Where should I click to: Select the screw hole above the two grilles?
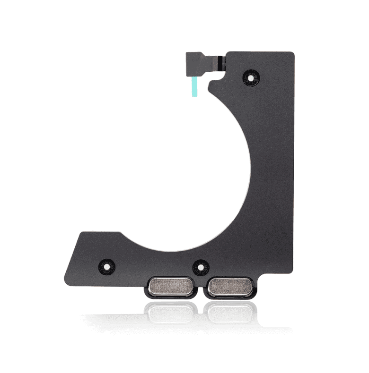point(201,267)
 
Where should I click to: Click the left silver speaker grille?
point(171,286)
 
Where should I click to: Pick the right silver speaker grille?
point(230,286)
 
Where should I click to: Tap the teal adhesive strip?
point(194,86)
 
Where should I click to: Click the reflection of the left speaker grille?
point(171,312)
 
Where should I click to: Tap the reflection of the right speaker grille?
point(230,312)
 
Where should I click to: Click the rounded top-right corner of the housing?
point(291,54)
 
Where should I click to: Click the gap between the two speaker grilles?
point(201,287)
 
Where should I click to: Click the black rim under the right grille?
point(230,296)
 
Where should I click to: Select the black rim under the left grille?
point(171,296)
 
